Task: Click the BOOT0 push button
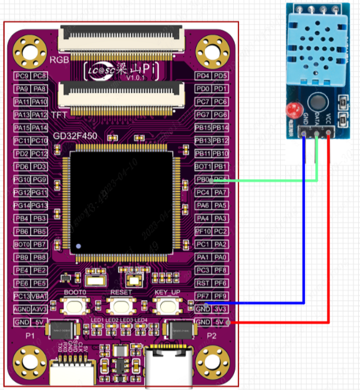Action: click(x=75, y=305)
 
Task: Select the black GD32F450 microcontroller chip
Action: click(x=122, y=202)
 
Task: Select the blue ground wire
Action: click(x=304, y=235)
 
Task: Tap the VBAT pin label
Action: click(x=40, y=296)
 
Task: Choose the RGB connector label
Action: click(x=60, y=60)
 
